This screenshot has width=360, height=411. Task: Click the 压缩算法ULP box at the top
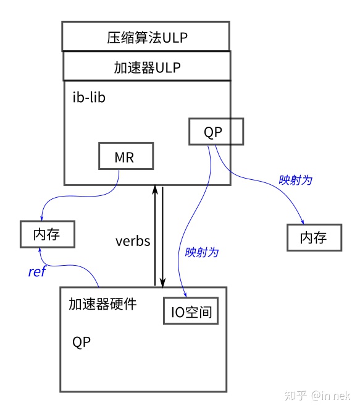[x=145, y=36]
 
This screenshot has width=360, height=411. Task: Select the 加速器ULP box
[x=146, y=66]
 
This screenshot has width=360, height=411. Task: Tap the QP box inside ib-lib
[x=216, y=132]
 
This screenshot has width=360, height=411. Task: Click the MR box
[x=126, y=157]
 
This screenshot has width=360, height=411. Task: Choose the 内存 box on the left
[x=47, y=234]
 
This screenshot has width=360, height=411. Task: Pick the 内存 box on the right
[x=314, y=238]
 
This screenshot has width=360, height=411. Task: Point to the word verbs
[x=133, y=241]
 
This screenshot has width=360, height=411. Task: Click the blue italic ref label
[x=36, y=271]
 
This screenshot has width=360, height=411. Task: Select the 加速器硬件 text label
[x=103, y=304]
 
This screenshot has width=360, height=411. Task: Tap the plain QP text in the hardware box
[x=82, y=342]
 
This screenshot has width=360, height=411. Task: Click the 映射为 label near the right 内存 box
[x=295, y=180]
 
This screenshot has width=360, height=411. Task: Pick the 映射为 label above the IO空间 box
[x=201, y=252]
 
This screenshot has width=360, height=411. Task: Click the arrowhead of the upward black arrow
[x=155, y=189]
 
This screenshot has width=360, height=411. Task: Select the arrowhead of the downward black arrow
[x=162, y=282]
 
